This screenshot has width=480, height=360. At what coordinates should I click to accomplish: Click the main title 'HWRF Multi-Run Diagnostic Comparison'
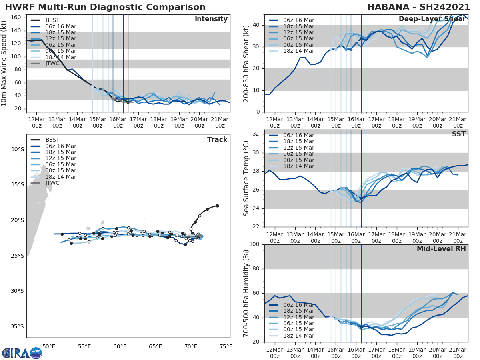tap(105, 7)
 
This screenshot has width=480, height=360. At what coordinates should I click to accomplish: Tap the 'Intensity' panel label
tap(211, 19)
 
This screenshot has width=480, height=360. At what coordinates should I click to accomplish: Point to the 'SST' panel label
tap(458, 134)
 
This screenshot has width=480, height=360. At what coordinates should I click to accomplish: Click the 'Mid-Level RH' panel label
tap(441, 249)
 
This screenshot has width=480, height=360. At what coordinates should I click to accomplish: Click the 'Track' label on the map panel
tap(217, 140)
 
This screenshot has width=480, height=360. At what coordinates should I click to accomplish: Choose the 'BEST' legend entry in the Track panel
tap(52, 140)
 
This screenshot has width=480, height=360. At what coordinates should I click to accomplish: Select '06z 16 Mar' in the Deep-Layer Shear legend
tap(298, 20)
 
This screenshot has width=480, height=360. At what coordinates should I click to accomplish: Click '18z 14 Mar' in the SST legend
tap(298, 166)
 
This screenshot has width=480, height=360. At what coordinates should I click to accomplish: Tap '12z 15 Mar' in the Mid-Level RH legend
tap(298, 317)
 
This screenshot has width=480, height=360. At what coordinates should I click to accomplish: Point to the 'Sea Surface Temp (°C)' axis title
tap(246, 178)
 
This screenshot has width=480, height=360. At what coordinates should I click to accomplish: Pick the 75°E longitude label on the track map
tap(226, 346)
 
